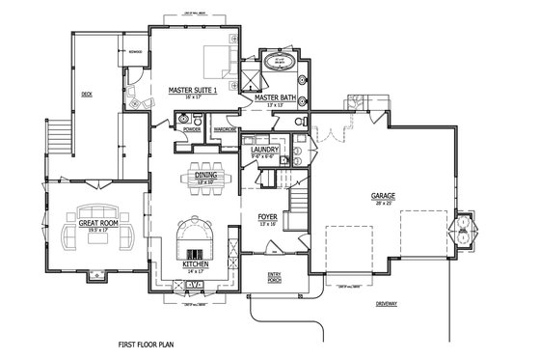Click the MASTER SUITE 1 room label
click(191, 91)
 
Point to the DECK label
click(86, 95)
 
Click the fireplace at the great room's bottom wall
click(96, 274)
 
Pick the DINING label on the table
click(205, 176)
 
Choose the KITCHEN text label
click(196, 263)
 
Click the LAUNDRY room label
click(263, 151)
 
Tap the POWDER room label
click(191, 126)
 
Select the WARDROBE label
click(226, 127)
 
